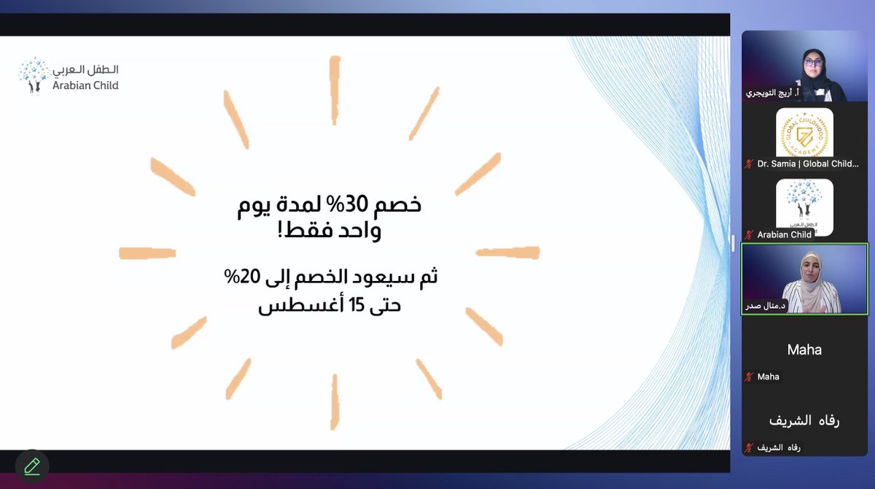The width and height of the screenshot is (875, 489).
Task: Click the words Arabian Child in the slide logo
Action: (85, 85)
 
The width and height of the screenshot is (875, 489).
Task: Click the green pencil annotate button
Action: (31, 466)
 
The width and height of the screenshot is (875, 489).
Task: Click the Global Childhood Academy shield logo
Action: (804, 132)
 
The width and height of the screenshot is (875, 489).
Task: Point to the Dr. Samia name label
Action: (807, 164)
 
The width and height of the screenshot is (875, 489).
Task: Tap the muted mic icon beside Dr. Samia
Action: (748, 164)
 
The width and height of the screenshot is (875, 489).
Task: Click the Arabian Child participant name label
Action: (785, 235)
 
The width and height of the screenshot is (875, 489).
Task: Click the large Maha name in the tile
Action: (804, 350)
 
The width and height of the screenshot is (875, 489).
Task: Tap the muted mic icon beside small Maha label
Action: (748, 377)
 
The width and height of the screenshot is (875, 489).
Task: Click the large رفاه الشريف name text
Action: (804, 421)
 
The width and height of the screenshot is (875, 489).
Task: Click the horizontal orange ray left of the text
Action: (147, 253)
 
